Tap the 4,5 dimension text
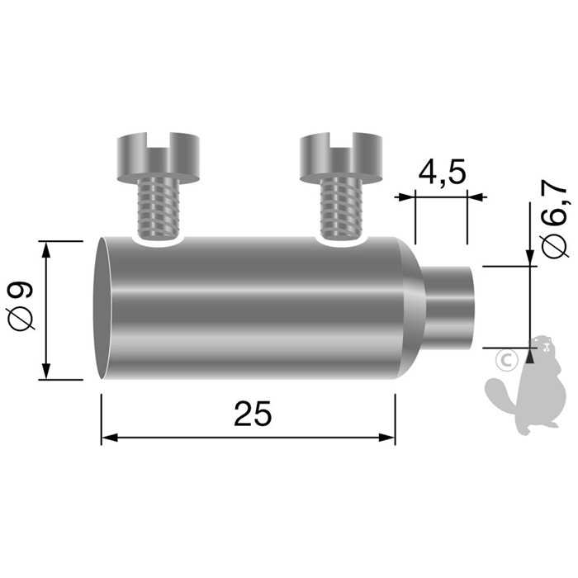[442, 173]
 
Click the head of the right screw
[341, 157]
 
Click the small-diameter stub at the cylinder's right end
[450, 306]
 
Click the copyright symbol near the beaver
[505, 359]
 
